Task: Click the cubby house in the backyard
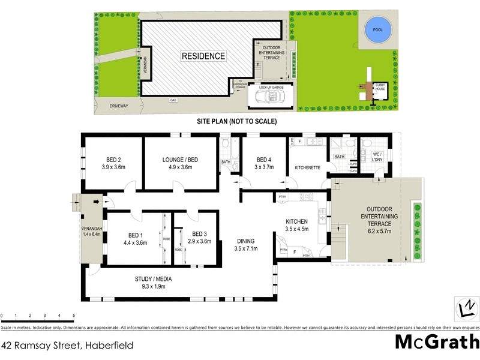click(x=380, y=91)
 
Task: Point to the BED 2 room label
click(x=113, y=160)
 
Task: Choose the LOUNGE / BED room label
click(x=181, y=160)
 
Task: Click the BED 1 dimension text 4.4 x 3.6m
click(x=135, y=242)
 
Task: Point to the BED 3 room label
click(x=200, y=234)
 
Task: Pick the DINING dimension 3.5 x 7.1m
click(x=247, y=250)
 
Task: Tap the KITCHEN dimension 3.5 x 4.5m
click(x=296, y=229)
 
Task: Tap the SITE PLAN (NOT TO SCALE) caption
click(x=237, y=121)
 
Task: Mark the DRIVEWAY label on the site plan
click(x=119, y=106)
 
